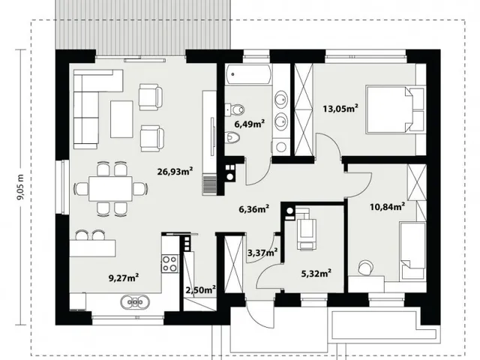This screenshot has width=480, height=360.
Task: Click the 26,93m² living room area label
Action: (x=175, y=171)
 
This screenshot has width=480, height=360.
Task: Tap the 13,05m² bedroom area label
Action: (x=340, y=108)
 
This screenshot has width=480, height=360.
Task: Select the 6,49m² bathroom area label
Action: (x=250, y=124)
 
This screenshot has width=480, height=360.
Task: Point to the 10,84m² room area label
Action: (x=388, y=207)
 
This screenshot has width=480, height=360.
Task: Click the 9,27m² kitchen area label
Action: (x=124, y=278)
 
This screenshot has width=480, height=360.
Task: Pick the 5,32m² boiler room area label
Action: (x=316, y=273)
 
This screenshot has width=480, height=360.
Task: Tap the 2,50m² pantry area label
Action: (x=201, y=289)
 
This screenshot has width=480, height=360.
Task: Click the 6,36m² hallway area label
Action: (x=253, y=209)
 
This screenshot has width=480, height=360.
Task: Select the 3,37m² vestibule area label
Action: (x=262, y=253)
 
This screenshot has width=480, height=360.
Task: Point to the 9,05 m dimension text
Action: (x=20, y=187)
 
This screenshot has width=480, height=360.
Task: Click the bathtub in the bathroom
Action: (x=248, y=74)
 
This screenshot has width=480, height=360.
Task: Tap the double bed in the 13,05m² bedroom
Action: (x=395, y=109)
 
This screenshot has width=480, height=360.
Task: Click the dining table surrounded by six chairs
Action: (x=110, y=188)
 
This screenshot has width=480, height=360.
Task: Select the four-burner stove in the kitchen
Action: (x=169, y=263)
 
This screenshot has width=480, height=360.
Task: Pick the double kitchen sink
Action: (x=135, y=301)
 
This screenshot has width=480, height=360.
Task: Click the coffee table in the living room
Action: (x=121, y=119)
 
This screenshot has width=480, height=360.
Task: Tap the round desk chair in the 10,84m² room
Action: (x=365, y=267)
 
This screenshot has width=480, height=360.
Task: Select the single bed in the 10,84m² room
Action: (x=412, y=250)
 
